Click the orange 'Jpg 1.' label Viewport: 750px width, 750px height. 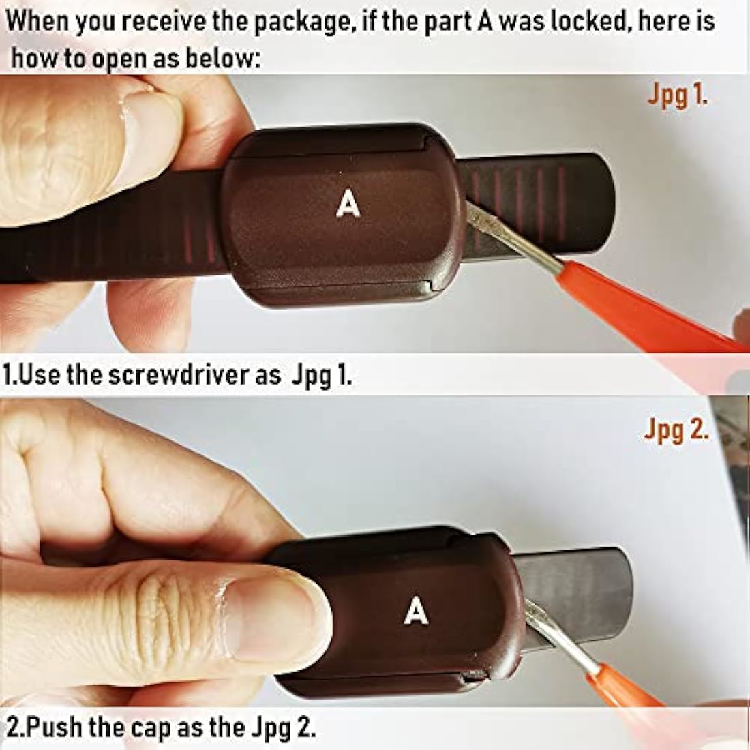677,95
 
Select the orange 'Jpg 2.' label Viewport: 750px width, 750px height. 676,429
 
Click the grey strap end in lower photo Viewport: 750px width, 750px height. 579,598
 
